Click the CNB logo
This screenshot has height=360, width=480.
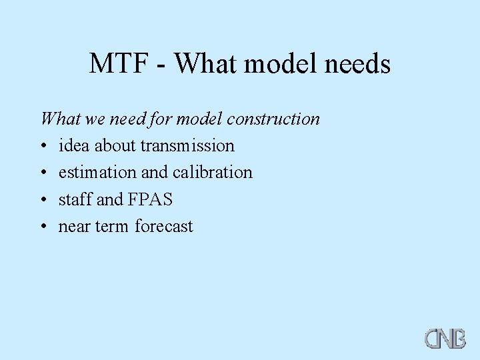[x=445, y=337]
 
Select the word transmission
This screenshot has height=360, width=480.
[x=187, y=145]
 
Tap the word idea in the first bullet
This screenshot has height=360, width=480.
[x=73, y=145]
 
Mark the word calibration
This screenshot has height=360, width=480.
[x=213, y=172]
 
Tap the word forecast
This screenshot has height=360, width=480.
[x=164, y=227]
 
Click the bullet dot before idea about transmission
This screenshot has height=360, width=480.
[x=43, y=146]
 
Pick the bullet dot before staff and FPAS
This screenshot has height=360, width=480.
[x=43, y=200]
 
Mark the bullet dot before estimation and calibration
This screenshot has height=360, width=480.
[x=43, y=173]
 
